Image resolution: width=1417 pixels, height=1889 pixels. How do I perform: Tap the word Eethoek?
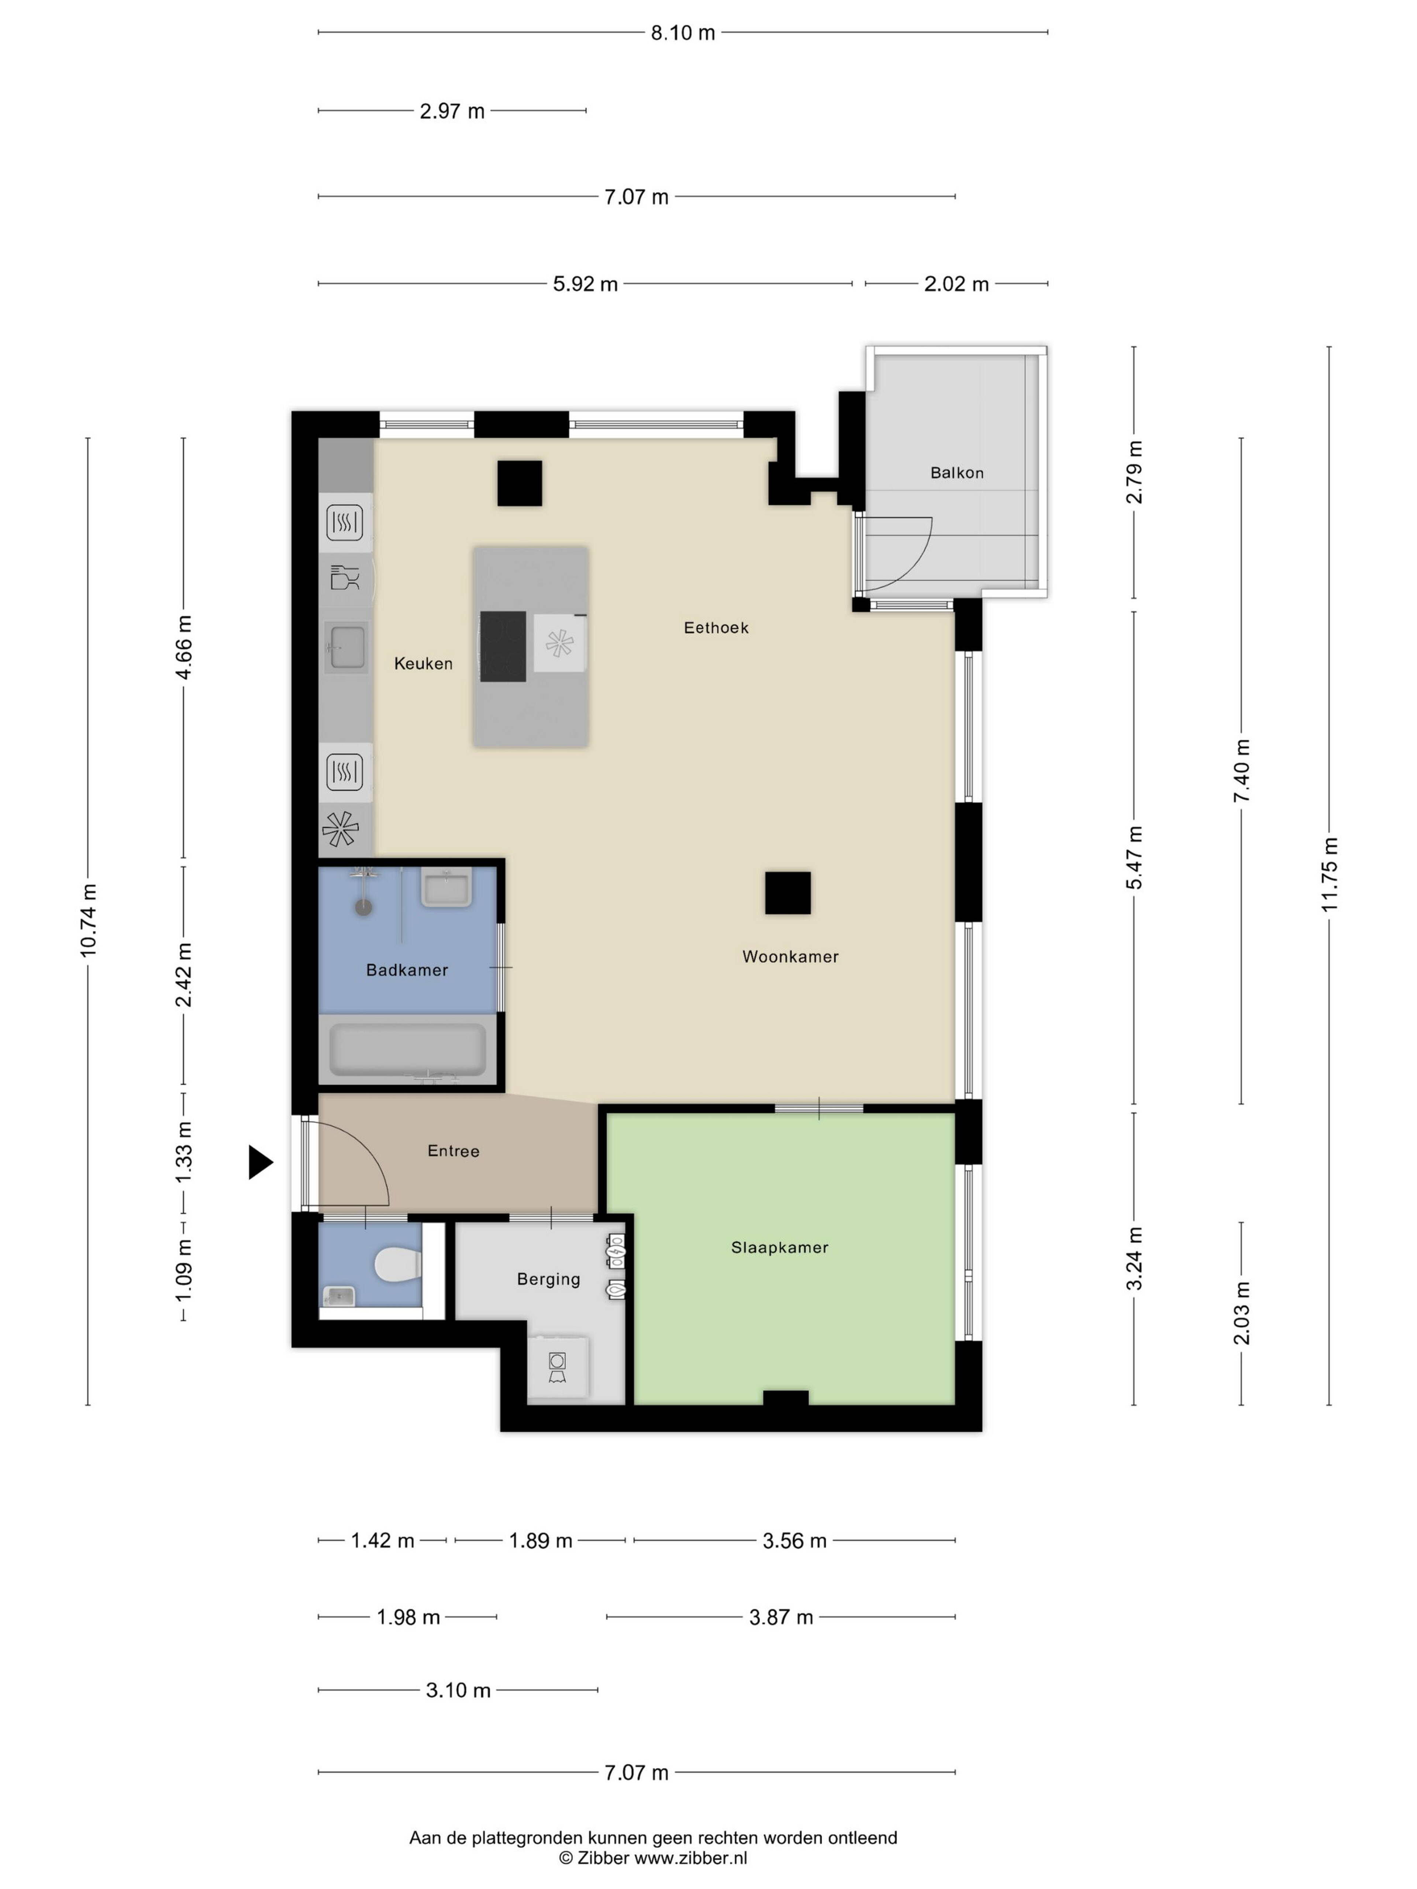tap(716, 628)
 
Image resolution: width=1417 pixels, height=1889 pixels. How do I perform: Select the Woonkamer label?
tap(790, 956)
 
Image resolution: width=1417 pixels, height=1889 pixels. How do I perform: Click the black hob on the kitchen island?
tap(503, 646)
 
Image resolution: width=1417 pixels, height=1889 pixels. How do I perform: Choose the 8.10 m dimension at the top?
tap(682, 32)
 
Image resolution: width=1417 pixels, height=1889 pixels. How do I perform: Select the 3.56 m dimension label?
tap(794, 1541)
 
